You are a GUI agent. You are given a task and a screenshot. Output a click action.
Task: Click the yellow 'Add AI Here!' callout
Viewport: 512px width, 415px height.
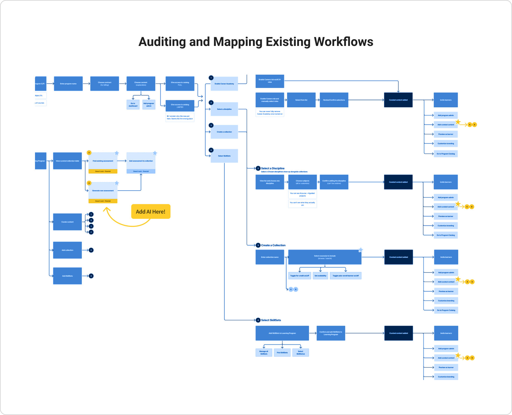tap(151, 212)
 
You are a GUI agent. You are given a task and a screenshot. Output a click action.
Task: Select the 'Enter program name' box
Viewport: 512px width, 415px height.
tap(68, 84)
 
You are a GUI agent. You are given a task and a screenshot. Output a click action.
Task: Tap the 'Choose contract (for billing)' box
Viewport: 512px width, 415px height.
tap(104, 84)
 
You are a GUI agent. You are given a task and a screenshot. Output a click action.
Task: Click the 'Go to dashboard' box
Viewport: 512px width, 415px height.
tap(133, 105)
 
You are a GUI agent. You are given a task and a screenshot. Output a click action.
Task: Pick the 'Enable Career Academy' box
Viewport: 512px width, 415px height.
tap(224, 84)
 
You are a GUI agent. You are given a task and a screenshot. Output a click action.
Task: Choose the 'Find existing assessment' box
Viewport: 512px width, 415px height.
tap(103, 161)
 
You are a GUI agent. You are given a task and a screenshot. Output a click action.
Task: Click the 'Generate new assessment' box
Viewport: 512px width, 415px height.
tap(103, 191)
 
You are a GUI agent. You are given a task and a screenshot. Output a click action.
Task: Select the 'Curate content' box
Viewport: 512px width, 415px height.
tap(67, 222)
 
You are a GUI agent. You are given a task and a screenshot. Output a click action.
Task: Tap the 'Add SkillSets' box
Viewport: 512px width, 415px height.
tap(67, 276)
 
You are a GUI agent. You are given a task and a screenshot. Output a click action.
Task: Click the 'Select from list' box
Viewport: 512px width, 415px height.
tap(301, 100)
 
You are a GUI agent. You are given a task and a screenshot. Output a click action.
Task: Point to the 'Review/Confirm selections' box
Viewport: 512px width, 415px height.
tap(334, 100)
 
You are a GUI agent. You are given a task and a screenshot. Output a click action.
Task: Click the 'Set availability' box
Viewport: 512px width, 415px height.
tap(320, 276)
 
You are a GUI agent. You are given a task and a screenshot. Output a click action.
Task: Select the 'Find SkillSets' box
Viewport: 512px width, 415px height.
tap(282, 353)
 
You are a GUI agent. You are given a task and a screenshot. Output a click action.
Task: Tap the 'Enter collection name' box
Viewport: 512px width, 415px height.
tap(270, 257)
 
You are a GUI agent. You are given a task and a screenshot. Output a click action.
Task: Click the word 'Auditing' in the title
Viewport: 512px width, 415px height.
tap(162, 42)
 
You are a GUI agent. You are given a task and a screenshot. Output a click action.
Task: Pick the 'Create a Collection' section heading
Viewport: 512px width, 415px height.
tap(273, 245)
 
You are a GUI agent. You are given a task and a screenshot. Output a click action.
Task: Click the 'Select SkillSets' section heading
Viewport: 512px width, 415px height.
tap(271, 320)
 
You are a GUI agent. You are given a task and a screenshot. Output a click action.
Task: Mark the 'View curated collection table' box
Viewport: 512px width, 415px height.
tap(67, 161)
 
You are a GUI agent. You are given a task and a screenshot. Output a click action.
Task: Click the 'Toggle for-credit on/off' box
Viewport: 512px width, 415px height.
tap(300, 276)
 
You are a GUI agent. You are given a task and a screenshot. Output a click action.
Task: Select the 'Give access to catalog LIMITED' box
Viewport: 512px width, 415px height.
tap(180, 106)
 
